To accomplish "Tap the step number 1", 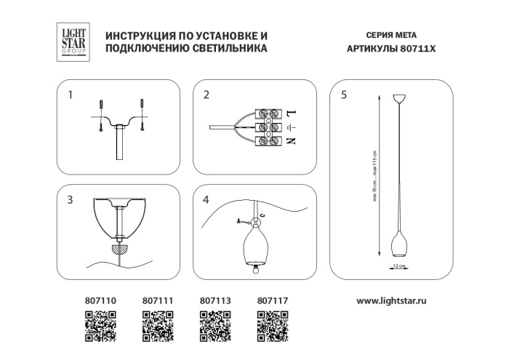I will (x=70, y=95).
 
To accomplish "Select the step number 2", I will (x=207, y=95).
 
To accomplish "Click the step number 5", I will (x=343, y=95).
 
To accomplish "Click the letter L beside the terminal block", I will (x=290, y=113).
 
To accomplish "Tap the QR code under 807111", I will (x=156, y=325).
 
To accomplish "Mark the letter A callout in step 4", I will (x=240, y=219).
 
